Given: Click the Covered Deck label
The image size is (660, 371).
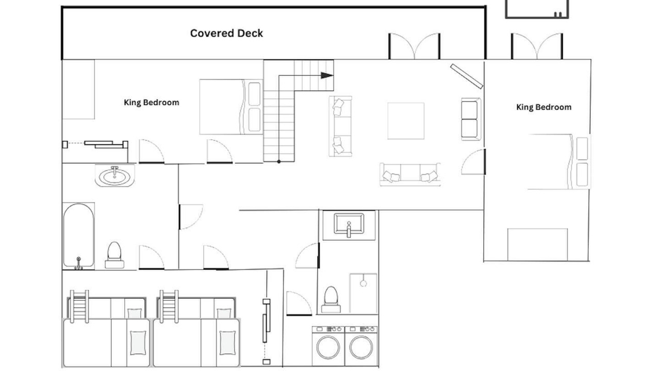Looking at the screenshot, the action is tap(226, 33).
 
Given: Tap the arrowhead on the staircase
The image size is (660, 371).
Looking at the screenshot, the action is tap(327, 75).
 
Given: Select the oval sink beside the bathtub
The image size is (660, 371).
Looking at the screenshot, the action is tap(114, 176).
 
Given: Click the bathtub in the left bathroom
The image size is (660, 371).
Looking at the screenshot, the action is tap(79, 236).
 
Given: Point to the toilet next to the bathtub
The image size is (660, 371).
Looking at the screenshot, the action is tap(114, 255).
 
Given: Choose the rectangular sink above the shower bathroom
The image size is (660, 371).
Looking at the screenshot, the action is tap(349, 225).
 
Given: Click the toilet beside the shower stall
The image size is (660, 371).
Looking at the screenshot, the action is tap(331, 299).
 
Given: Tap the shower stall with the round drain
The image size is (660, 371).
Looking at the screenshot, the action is tap(364, 294).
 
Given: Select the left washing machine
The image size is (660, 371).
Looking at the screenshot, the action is tap(328, 346).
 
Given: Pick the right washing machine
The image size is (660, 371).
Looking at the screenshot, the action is tap(361, 346).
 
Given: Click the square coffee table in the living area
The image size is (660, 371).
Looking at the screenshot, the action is tap(406, 121).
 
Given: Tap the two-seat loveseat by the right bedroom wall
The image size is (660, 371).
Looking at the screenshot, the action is tap(471, 119).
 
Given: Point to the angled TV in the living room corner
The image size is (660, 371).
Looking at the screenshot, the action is tap(467, 76).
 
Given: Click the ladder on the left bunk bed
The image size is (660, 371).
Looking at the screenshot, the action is tap(79, 307).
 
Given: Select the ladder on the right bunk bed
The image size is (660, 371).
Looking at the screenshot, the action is tap(169, 307).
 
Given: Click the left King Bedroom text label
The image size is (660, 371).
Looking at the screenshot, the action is tap(152, 103).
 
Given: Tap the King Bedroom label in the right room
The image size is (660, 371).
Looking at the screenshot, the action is tap(544, 107).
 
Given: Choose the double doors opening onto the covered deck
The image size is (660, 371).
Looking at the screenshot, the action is tap(414, 46).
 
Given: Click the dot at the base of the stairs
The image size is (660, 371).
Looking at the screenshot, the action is tap(279, 162).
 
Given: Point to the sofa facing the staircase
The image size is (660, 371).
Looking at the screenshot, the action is tap(341, 126).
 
